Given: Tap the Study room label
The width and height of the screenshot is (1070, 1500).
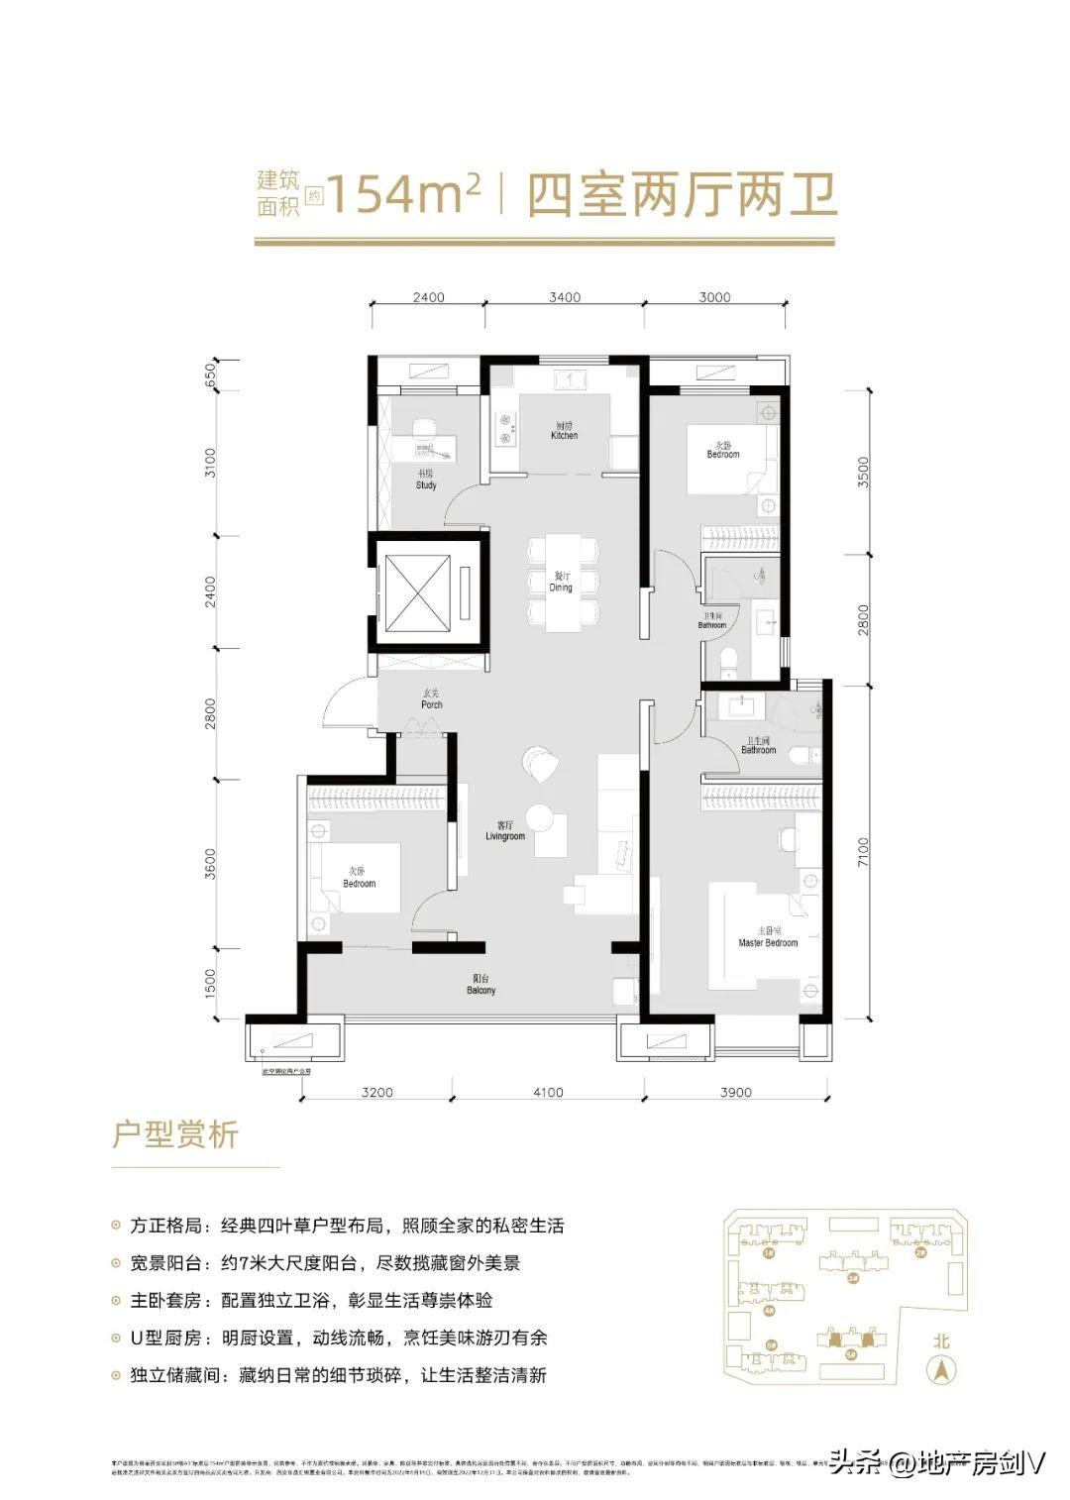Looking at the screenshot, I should [x=426, y=481].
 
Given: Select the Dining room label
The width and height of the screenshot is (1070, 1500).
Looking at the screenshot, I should [x=561, y=583].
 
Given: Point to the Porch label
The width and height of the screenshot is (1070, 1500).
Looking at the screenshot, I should [x=432, y=699].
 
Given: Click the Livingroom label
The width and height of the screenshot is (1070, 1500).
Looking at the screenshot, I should [x=505, y=831].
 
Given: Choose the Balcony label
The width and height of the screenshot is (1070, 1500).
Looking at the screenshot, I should [x=481, y=985].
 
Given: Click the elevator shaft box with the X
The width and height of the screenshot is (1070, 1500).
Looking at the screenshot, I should [x=416, y=592].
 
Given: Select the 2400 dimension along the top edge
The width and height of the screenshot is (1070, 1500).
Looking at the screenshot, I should [x=428, y=297].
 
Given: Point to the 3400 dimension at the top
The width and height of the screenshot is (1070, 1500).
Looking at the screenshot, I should [x=565, y=297].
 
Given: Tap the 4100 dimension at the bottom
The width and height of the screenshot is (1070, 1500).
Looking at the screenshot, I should [x=547, y=1093].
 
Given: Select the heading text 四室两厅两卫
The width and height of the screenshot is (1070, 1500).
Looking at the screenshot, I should [x=683, y=195].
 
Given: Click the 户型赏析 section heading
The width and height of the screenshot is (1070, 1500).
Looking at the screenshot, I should [x=175, y=1134].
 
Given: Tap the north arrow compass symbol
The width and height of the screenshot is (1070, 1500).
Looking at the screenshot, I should [x=940, y=1371].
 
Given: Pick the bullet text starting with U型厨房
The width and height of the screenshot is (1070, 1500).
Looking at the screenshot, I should [x=338, y=1338].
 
